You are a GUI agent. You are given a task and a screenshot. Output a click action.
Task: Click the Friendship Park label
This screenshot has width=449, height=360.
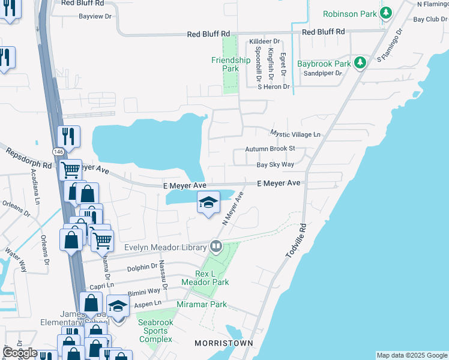click(231, 64)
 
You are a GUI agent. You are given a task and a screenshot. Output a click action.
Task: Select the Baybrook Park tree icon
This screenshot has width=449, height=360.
click(360, 63)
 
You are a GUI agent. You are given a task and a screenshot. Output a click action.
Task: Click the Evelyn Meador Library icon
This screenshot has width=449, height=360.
click(215, 247)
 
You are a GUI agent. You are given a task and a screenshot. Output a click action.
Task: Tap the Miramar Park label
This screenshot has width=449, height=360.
click(202, 305)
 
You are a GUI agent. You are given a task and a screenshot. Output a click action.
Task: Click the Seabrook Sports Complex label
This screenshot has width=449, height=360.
click(156, 331)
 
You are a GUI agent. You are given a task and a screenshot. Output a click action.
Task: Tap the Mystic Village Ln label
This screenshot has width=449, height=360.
click(295, 134)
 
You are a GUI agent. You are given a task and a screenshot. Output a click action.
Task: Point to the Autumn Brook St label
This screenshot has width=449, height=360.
click(270, 149)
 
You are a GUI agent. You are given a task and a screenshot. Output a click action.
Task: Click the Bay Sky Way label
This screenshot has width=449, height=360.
click(276, 164)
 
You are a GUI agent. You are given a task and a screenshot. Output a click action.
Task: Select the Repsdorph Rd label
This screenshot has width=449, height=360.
click(29, 158)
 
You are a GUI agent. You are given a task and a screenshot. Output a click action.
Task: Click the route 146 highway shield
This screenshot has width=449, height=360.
click(58, 152)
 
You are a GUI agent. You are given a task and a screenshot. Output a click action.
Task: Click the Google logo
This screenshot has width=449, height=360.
click(20, 353)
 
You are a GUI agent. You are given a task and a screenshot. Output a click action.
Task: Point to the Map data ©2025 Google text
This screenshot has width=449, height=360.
click(411, 355)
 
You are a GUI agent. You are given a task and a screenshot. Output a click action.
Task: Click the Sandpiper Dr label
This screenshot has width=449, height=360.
click(322, 73)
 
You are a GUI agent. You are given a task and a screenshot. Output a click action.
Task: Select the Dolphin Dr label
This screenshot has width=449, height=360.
click(142, 266)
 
